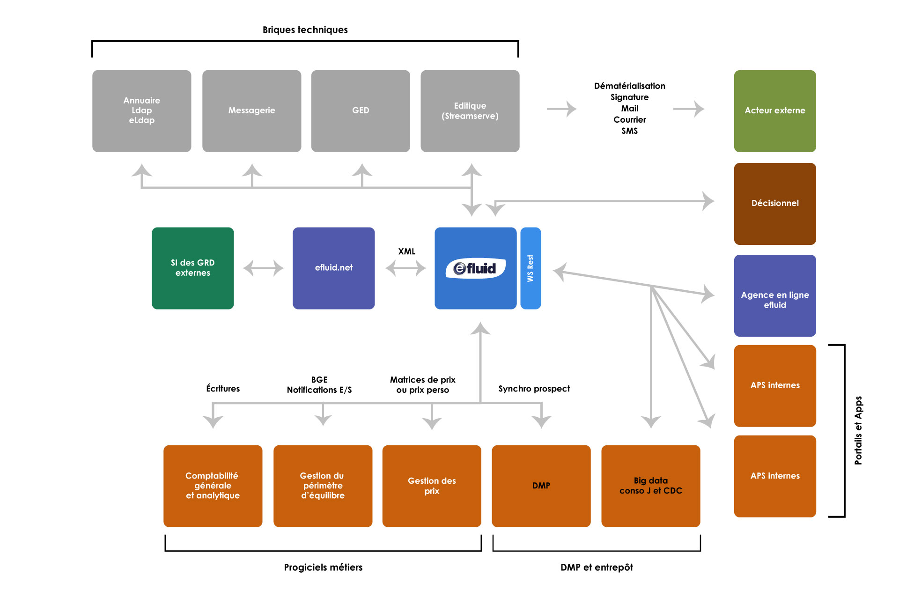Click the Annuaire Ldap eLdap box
(141, 111)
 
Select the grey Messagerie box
(251, 111)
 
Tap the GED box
(361, 111)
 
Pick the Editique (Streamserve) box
(470, 111)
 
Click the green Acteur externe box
(775, 111)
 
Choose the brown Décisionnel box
(775, 204)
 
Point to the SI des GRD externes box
(193, 268)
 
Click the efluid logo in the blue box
(475, 268)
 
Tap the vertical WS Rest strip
(531, 268)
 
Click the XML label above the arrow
(406, 251)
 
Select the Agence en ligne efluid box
(775, 295)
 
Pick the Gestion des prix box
(432, 486)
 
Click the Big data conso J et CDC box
(651, 486)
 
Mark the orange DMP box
(541, 486)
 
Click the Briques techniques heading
(305, 30)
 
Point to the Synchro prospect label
(534, 389)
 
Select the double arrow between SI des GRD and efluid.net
(263, 268)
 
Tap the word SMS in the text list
(630, 131)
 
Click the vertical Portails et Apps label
(858, 430)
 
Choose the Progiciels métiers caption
(323, 568)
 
